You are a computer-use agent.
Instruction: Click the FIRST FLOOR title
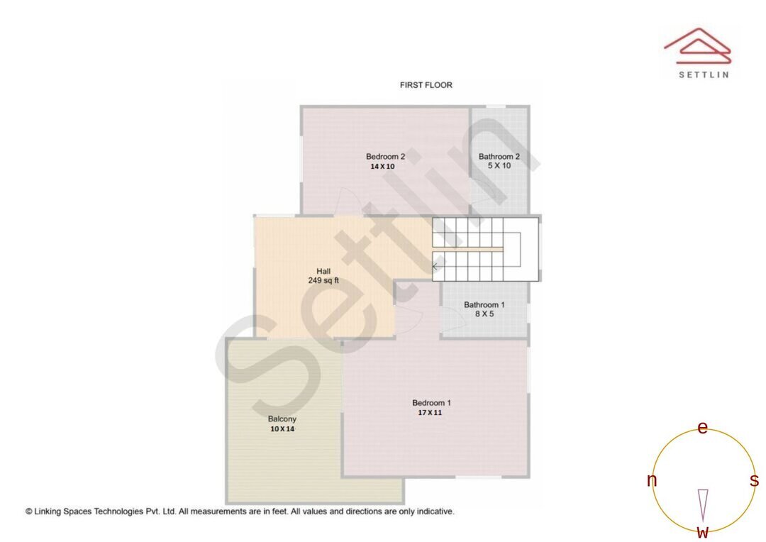pyautogui.click(x=426, y=85)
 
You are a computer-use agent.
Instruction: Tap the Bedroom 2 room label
pyautogui.click(x=385, y=157)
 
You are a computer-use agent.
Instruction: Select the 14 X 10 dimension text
pyautogui.click(x=382, y=167)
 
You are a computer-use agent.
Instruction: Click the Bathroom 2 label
pyautogui.click(x=499, y=157)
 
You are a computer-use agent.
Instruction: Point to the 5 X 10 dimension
pyautogui.click(x=499, y=166)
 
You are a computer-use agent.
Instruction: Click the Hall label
pyautogui.click(x=323, y=271)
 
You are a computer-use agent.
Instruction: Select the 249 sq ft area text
pyautogui.click(x=323, y=281)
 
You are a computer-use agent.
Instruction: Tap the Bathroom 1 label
pyautogui.click(x=484, y=305)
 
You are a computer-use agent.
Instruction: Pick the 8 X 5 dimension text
pyautogui.click(x=484, y=314)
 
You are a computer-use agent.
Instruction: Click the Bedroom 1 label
pyautogui.click(x=431, y=403)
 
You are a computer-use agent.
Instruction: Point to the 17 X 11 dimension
pyautogui.click(x=430, y=412)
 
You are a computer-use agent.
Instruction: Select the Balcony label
pyautogui.click(x=282, y=419)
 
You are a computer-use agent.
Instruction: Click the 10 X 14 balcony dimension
pyautogui.click(x=282, y=429)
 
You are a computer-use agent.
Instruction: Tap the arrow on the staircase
pyautogui.click(x=434, y=266)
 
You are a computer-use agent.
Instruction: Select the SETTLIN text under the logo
pyautogui.click(x=703, y=74)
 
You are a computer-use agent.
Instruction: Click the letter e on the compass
pyautogui.click(x=702, y=428)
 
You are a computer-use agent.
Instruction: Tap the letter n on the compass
pyautogui.click(x=652, y=481)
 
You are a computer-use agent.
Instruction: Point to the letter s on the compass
pyautogui.click(x=754, y=481)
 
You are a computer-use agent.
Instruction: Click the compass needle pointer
pyautogui.click(x=703, y=504)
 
